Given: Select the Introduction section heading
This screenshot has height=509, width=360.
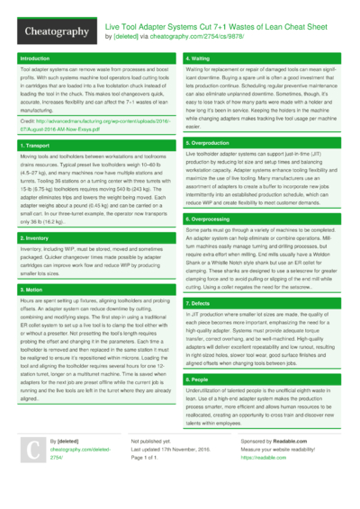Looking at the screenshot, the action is click(35, 58).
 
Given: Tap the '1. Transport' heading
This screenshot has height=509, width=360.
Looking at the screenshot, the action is click(35, 144).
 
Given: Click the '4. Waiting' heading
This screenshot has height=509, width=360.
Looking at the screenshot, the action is click(199, 58).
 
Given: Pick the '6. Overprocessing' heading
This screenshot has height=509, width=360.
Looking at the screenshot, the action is click(209, 219).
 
